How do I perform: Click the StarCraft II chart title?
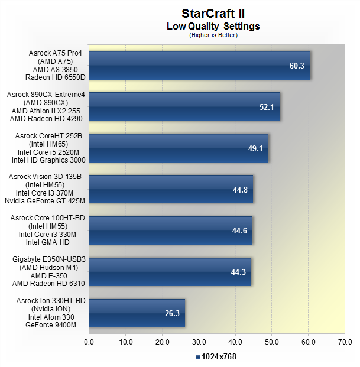tap(213, 14)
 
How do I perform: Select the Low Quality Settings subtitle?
tap(213, 26)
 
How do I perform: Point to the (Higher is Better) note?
tap(213, 35)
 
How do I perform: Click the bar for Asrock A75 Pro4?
tap(199, 65)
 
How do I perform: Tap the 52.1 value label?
tap(267, 107)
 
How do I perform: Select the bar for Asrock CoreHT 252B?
tap(179, 148)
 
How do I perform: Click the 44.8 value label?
tap(240, 190)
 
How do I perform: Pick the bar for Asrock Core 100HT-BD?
tap(171, 230)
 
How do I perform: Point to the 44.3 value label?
tap(238, 272)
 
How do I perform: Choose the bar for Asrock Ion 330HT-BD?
tap(137, 313)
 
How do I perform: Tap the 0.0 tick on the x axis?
tap(89, 342)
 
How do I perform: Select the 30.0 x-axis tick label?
tap(199, 342)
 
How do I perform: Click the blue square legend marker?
tap(198, 357)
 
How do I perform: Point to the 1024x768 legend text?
tap(219, 357)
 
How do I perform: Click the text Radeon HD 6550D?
tap(55, 77)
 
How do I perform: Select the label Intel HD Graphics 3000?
tap(48, 160)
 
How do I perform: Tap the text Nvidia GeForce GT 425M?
tap(45, 201)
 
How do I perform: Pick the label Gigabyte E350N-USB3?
tap(49, 259)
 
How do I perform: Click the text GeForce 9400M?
tap(51, 325)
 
